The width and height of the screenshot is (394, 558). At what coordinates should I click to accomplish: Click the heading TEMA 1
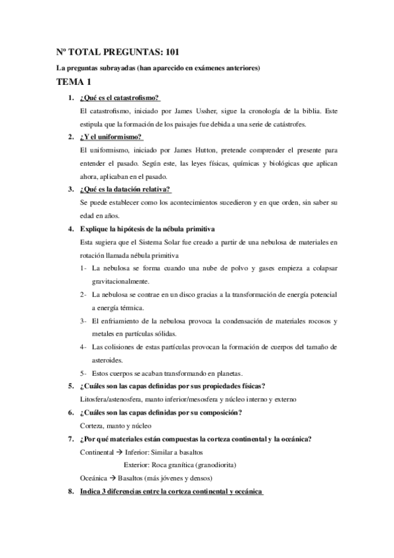tap(73, 82)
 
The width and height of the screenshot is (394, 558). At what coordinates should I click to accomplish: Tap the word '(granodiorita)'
tap(210, 465)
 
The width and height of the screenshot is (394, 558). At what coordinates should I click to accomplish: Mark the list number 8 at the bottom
tap(71, 492)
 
